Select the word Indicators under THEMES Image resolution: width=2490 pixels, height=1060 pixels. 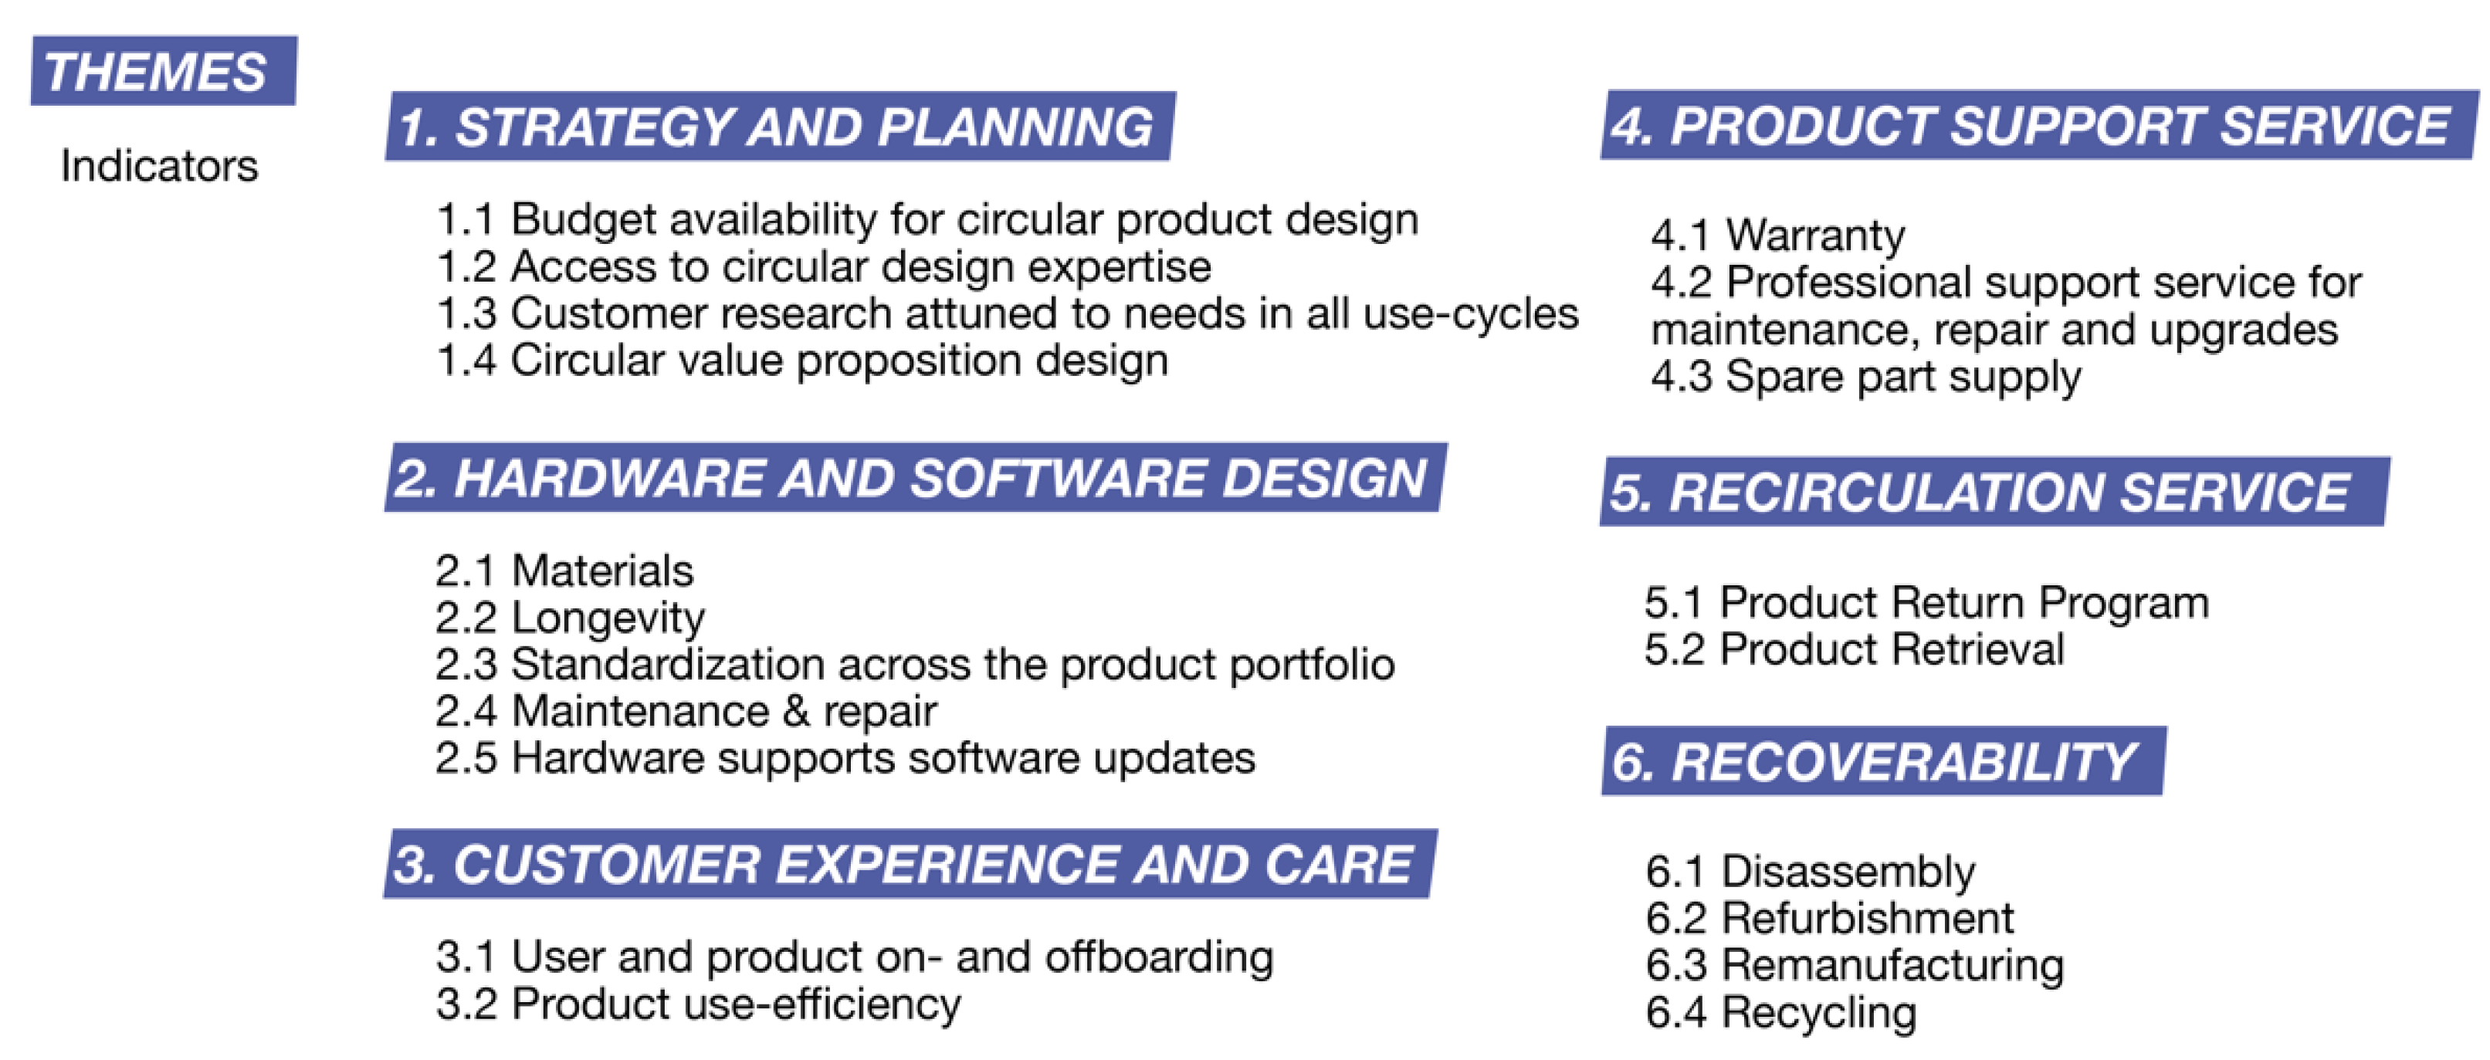pos(160,165)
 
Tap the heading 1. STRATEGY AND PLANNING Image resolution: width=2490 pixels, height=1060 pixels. pos(778,127)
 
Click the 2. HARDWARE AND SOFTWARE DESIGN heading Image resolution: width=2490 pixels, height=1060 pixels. pos(913,479)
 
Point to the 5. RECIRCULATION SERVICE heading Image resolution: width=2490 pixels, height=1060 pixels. pos(1991,492)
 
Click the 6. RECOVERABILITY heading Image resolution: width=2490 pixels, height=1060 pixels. pos(1880,761)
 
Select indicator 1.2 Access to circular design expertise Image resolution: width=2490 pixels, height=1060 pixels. pos(824,266)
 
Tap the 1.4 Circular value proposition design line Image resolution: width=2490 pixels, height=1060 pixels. pos(802,361)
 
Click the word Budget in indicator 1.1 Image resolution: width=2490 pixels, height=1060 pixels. pos(583,219)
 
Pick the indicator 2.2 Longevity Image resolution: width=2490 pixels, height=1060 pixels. pos(571,618)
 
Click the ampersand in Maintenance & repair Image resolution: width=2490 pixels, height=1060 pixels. pos(795,711)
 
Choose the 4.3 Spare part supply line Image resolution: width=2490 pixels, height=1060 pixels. pos(1865,377)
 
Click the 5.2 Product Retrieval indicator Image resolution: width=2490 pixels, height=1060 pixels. pos(1854,649)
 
